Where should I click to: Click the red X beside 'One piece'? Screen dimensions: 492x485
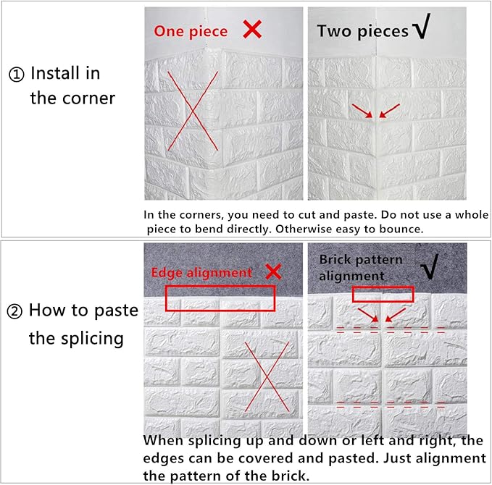point(252,30)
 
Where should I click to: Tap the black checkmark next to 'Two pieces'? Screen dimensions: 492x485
point(422,26)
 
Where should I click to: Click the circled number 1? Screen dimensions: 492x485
point(17,75)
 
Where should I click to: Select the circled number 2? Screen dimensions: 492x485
point(14,311)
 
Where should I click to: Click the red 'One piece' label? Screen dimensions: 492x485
point(191,31)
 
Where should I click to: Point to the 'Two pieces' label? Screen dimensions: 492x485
point(363,31)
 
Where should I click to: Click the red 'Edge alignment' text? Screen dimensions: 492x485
point(201,272)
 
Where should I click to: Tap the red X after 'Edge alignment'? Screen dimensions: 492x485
point(273,271)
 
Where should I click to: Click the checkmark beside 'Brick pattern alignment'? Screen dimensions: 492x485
point(429,266)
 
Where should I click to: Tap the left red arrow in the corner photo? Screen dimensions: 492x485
point(362,111)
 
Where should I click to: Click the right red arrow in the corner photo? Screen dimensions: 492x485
point(389,111)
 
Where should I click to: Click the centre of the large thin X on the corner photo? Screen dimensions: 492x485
point(193,111)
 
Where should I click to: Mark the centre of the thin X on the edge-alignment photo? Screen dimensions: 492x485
point(267,376)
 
